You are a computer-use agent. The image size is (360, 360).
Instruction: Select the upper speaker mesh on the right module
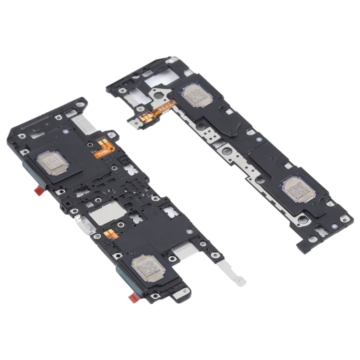pos(194,96)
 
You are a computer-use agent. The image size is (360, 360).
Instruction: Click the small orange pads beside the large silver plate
pos(109,235)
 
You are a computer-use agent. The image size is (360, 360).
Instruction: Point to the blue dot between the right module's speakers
pos(258,139)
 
